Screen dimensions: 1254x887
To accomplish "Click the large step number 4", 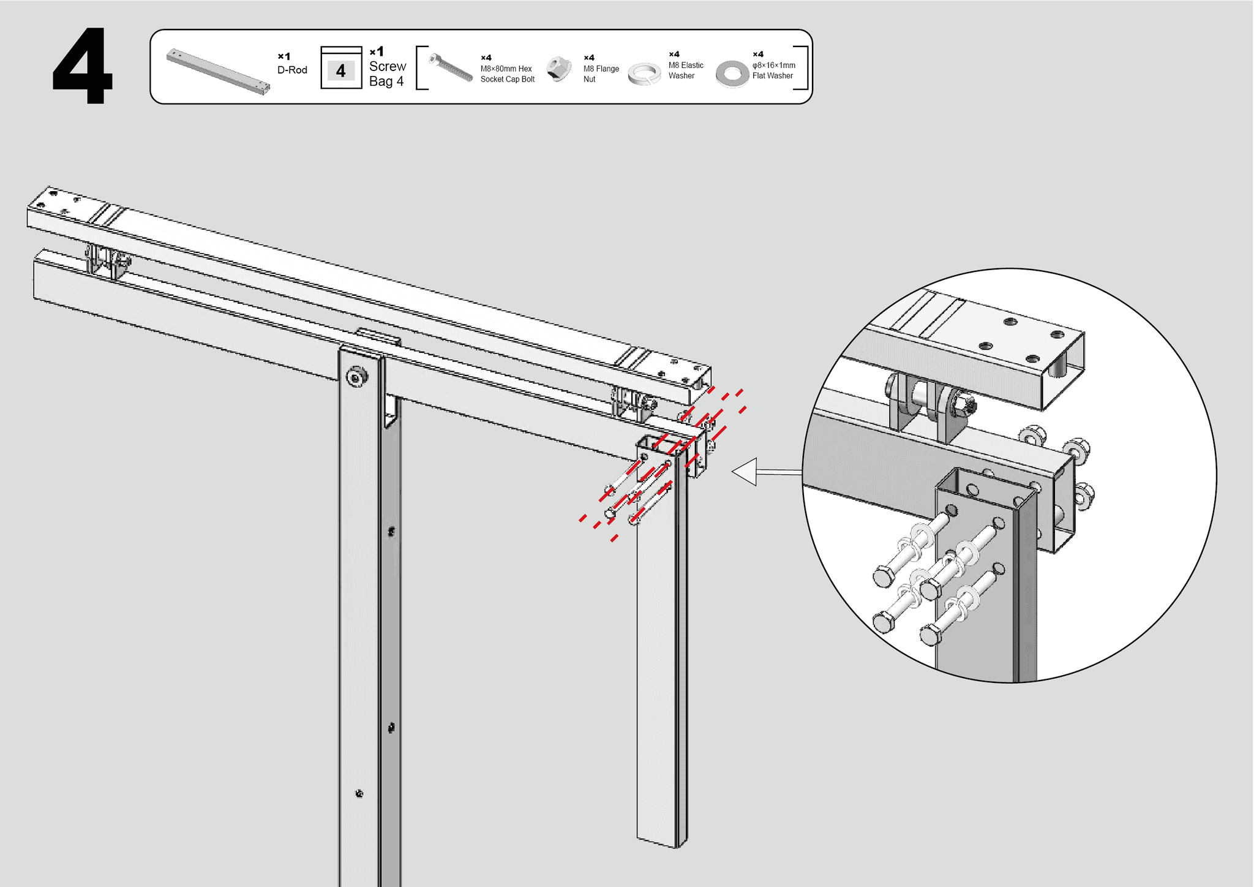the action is [83, 66].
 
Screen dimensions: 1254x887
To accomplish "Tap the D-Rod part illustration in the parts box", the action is [218, 72].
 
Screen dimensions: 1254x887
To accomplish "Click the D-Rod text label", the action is [292, 70].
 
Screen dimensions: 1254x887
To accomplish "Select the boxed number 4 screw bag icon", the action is [341, 68].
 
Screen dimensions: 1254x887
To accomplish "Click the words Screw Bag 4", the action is [387, 74].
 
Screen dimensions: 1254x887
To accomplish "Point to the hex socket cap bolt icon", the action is [451, 68].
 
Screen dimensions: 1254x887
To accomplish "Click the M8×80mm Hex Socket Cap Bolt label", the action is [507, 74].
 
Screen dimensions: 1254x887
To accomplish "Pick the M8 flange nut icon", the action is [558, 69].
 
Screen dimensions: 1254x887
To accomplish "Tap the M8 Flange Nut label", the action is [601, 74].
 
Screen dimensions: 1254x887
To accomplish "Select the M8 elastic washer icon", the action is [644, 74].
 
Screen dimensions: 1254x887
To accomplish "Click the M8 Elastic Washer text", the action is [685, 70].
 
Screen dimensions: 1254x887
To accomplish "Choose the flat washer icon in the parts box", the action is [732, 74].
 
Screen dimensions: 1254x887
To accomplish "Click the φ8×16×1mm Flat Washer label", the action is [773, 70].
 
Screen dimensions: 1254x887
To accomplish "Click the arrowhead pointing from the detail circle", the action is [745, 472].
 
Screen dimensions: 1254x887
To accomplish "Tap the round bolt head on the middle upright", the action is [356, 376].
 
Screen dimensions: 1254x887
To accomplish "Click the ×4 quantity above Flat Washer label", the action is [758, 54].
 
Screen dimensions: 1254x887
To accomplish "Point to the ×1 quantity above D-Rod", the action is [283, 56].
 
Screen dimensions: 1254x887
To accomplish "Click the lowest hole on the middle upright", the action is [359, 794].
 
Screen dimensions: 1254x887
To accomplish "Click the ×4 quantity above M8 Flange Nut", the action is [589, 58].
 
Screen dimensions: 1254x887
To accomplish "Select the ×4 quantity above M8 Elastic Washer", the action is [674, 54].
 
